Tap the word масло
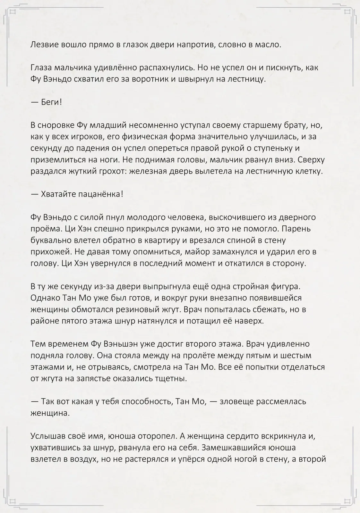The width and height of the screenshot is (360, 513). click(267, 45)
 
